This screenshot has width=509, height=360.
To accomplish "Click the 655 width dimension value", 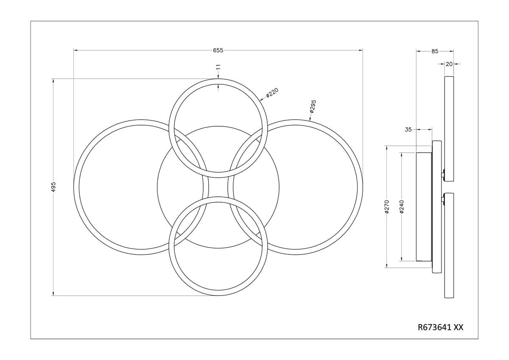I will pos(218,50).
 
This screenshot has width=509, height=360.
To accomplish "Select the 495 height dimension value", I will pos(53,187).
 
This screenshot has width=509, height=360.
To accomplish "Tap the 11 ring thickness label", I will pos(218,67).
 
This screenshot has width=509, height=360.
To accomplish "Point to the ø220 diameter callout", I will pos(272,92).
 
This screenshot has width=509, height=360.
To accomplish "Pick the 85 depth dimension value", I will pos(435,51).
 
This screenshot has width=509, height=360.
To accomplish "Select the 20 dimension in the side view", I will pos(449,64).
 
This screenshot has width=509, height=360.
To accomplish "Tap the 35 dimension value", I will pos(408,129).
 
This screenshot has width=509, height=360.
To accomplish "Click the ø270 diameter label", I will pos(387,207).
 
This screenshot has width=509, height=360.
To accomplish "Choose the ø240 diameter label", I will pos(401,207).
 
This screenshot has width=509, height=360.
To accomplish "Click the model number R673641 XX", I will pos(441,327).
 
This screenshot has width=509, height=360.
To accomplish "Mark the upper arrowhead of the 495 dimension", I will pos(53,81).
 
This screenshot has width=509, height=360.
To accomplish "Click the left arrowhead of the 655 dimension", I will pos(76,50).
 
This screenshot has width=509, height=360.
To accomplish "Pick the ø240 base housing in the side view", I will pos(424,207).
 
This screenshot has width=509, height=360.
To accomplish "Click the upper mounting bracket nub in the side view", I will pos(443,174).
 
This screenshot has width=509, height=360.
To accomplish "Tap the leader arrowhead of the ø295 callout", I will pos(310,120).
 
